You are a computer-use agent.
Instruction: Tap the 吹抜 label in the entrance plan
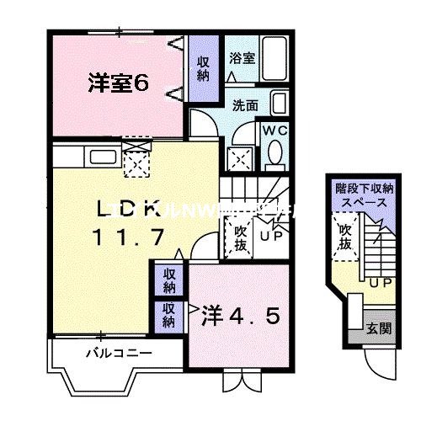click(345, 237)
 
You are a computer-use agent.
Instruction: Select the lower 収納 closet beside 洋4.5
click(169, 314)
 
